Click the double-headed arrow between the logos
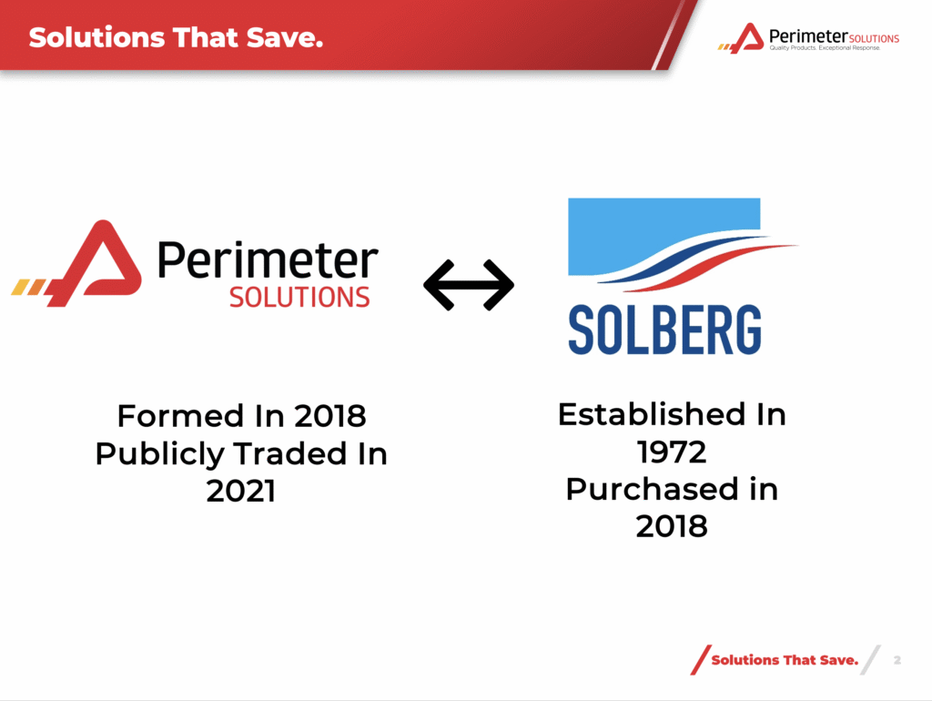pyautogui.click(x=469, y=285)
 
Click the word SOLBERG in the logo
pyautogui.click(x=664, y=330)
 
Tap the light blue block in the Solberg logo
pyautogui.click(x=664, y=237)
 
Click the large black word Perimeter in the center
pyautogui.click(x=268, y=260)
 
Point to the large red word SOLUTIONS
pyautogui.click(x=299, y=298)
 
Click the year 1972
pyautogui.click(x=672, y=452)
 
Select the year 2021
pyautogui.click(x=240, y=492)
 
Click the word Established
pyautogui.click(x=652, y=414)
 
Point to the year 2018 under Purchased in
pyautogui.click(x=672, y=527)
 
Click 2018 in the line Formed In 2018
pyautogui.click(x=329, y=416)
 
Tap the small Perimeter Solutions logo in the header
pyautogui.click(x=808, y=38)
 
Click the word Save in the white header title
pyautogui.click(x=285, y=37)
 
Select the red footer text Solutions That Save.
pyautogui.click(x=785, y=660)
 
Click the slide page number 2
pyautogui.click(x=897, y=660)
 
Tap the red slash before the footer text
pyautogui.click(x=701, y=660)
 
